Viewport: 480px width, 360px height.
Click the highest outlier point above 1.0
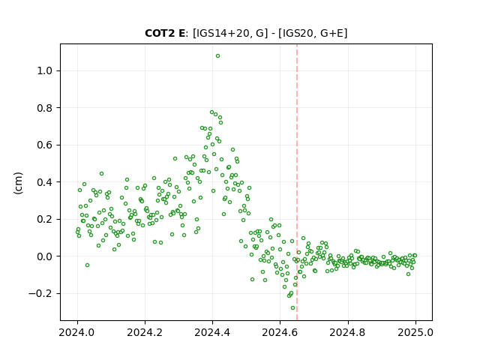tap(217, 56)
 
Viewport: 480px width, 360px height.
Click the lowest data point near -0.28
tap(293, 308)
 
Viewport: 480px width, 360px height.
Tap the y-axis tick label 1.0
tap(44, 71)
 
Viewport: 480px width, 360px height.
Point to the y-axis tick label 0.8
tap(44, 108)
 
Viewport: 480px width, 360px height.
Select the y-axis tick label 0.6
tap(44, 145)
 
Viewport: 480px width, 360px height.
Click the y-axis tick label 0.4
tap(44, 182)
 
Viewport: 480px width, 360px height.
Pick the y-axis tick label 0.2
tap(44, 220)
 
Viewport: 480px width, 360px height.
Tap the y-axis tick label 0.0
tap(44, 256)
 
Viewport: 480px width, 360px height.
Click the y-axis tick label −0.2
tap(40, 293)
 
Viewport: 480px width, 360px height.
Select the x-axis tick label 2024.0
tap(77, 332)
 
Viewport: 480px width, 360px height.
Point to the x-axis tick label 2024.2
tap(145, 332)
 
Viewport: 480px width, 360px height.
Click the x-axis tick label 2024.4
tap(212, 332)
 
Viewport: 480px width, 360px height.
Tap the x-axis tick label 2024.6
tap(280, 332)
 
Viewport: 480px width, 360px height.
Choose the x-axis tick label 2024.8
tap(348, 332)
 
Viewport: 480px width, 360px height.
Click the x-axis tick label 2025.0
tap(415, 332)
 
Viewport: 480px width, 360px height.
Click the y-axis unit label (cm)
tap(18, 183)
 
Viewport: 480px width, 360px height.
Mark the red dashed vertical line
tap(297, 182)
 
